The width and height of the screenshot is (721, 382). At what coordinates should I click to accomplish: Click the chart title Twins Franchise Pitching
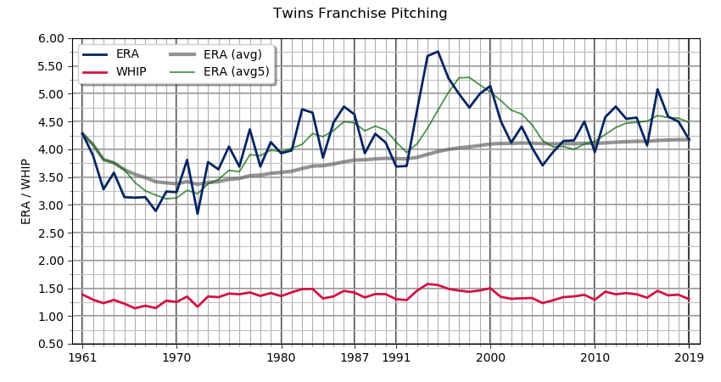(360, 14)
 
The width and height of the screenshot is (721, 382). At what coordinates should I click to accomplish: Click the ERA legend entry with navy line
(127, 54)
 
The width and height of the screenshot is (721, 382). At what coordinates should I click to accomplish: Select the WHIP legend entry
(131, 72)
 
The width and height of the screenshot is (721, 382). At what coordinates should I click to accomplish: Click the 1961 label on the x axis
(82, 357)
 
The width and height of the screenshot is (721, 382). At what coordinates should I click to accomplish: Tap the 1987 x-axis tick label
(354, 357)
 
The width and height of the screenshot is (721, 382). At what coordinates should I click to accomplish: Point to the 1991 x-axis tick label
(396, 357)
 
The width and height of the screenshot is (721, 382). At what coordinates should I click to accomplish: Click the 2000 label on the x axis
(490, 357)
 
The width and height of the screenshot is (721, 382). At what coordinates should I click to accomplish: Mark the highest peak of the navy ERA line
(438, 52)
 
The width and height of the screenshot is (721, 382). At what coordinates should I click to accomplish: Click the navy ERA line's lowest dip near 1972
(198, 213)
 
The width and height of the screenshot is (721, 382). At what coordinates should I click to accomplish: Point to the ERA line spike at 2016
(657, 89)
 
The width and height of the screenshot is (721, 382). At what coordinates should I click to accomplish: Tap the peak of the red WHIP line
(428, 284)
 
